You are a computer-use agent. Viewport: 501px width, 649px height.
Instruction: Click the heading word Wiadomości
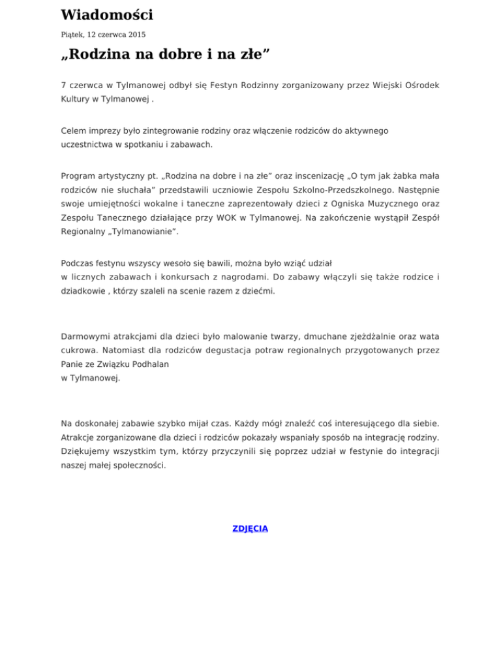click(107, 14)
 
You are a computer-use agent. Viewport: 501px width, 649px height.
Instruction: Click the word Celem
click(74, 131)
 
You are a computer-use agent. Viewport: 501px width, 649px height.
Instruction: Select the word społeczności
click(138, 467)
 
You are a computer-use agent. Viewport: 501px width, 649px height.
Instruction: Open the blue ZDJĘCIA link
click(250, 528)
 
